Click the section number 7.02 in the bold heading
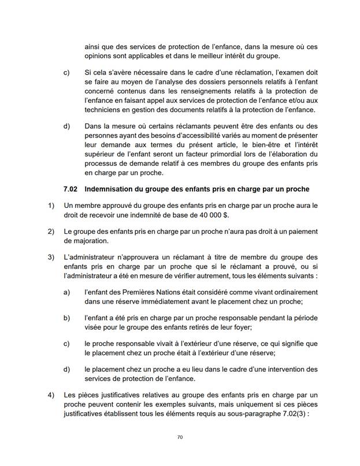(x=72, y=189)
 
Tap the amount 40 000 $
(x=211, y=215)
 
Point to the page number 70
(x=180, y=438)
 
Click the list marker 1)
(x=50, y=205)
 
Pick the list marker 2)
(x=50, y=232)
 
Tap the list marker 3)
(x=50, y=256)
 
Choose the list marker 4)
(x=50, y=395)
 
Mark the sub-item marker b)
(x=66, y=318)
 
